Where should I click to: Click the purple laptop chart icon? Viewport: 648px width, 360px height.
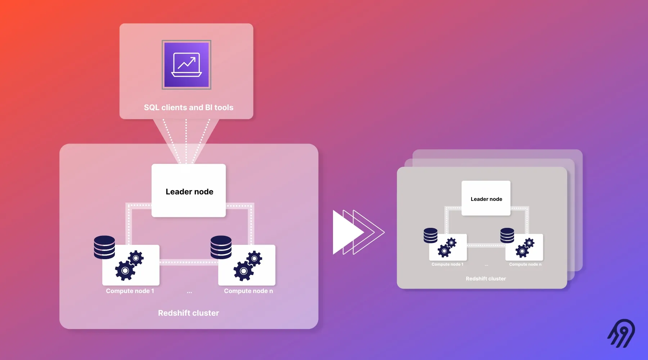point(186,65)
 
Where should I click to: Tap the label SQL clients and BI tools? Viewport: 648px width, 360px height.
point(189,108)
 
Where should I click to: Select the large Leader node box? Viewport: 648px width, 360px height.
point(189,191)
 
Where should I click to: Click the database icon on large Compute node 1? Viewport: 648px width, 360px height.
point(104,247)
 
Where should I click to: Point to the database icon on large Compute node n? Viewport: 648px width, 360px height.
point(221,247)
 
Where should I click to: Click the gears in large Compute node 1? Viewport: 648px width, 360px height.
point(129,265)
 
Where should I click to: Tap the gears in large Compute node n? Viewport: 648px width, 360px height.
point(248,266)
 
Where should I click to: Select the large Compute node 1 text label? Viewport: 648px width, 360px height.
point(130,291)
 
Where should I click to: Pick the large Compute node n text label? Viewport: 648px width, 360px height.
point(248,291)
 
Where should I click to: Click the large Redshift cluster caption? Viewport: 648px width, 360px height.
point(189,313)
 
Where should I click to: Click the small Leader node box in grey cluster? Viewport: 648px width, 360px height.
point(486,198)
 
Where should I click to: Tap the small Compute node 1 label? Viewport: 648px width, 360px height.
point(447,264)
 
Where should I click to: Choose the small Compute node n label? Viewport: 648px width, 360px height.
point(525,264)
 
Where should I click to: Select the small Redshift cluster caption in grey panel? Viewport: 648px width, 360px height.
point(486,279)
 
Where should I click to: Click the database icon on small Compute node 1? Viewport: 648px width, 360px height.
point(431,236)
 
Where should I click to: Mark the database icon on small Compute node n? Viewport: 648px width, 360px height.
point(507,236)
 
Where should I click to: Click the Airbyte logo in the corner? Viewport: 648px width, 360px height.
point(622,333)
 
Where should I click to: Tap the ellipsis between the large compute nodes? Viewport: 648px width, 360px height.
point(189,292)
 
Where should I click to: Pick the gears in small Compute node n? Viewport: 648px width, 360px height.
point(525,248)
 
